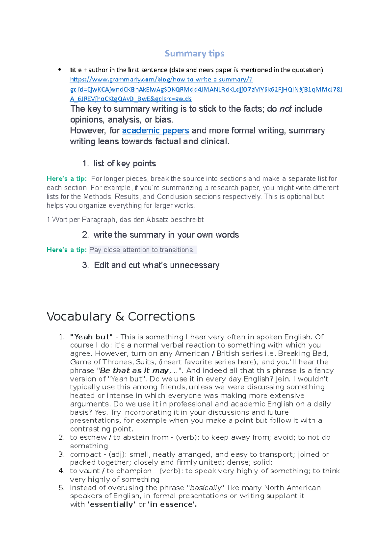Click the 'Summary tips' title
click(x=194, y=53)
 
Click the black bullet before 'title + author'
click(x=59, y=70)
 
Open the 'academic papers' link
click(x=155, y=130)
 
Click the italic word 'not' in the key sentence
click(x=285, y=109)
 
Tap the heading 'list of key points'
click(x=124, y=164)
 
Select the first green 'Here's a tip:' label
click(x=66, y=179)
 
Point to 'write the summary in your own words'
click(x=166, y=235)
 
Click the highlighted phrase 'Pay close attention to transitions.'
click(x=142, y=250)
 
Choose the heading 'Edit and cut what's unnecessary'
click(x=157, y=265)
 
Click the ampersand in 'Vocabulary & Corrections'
click(x=120, y=316)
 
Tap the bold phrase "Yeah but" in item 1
click(x=91, y=337)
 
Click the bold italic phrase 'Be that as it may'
click(x=134, y=371)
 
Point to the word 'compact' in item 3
click(x=86, y=454)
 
